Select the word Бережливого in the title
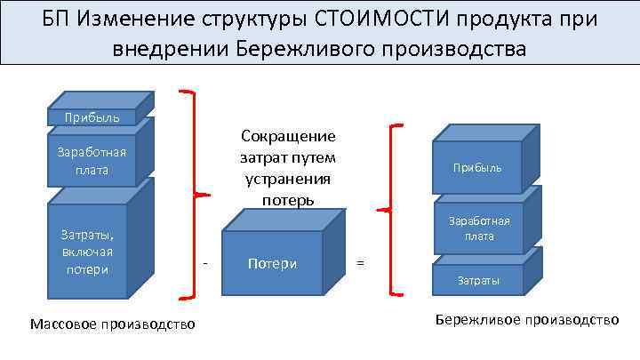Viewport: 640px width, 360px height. click(x=303, y=50)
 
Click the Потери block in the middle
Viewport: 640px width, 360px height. click(x=272, y=263)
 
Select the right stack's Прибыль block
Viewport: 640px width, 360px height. click(x=477, y=167)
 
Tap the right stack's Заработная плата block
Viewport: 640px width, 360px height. click(x=477, y=229)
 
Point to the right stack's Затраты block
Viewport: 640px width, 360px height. click(x=477, y=280)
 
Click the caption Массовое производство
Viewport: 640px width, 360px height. click(x=112, y=324)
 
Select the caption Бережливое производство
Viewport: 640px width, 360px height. click(x=526, y=319)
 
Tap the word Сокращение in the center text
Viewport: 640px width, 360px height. click(x=288, y=136)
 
